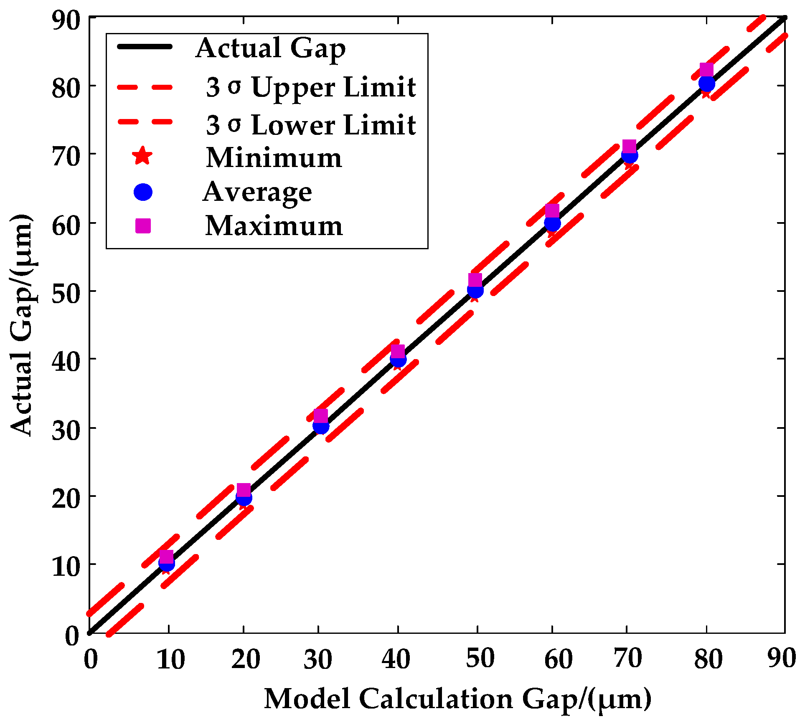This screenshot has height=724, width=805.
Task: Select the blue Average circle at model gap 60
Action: pyautogui.click(x=552, y=224)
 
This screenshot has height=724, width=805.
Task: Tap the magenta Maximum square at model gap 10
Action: pyautogui.click(x=167, y=557)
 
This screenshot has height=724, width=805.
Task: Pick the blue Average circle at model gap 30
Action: pyautogui.click(x=321, y=426)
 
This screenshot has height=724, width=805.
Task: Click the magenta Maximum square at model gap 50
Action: pyautogui.click(x=475, y=280)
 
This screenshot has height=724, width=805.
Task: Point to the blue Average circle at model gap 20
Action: pyautogui.click(x=244, y=498)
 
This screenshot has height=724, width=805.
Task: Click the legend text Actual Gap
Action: pyautogui.click(x=270, y=48)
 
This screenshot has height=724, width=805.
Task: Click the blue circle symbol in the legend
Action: pyautogui.click(x=143, y=192)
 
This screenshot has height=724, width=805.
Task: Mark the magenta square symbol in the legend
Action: pyautogui.click(x=143, y=226)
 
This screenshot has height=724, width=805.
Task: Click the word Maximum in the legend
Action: pyautogui.click(x=274, y=226)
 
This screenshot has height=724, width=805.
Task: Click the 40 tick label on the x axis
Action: pyautogui.click(x=396, y=660)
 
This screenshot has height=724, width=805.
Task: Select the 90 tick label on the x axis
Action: pyautogui.click(x=782, y=659)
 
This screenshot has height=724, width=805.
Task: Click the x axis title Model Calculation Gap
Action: pyautogui.click(x=457, y=699)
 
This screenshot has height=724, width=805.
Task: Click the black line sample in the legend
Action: pyautogui.click(x=145, y=47)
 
